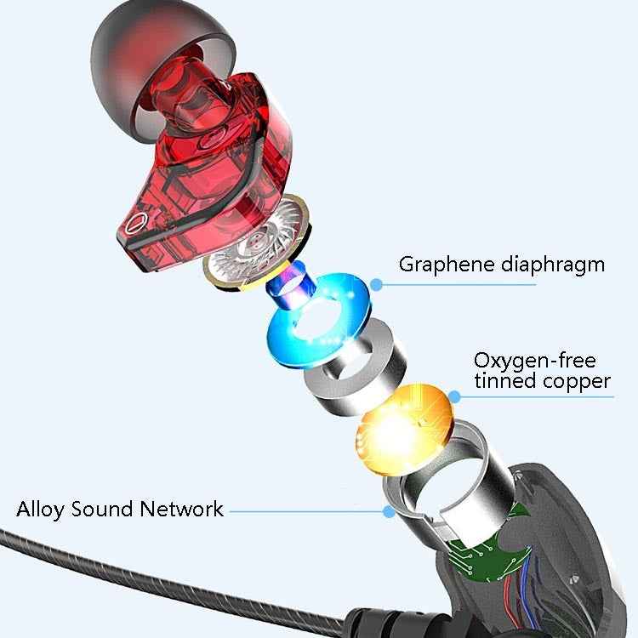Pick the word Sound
(103, 510)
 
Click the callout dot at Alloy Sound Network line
(389, 511)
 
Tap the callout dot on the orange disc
(455, 396)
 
